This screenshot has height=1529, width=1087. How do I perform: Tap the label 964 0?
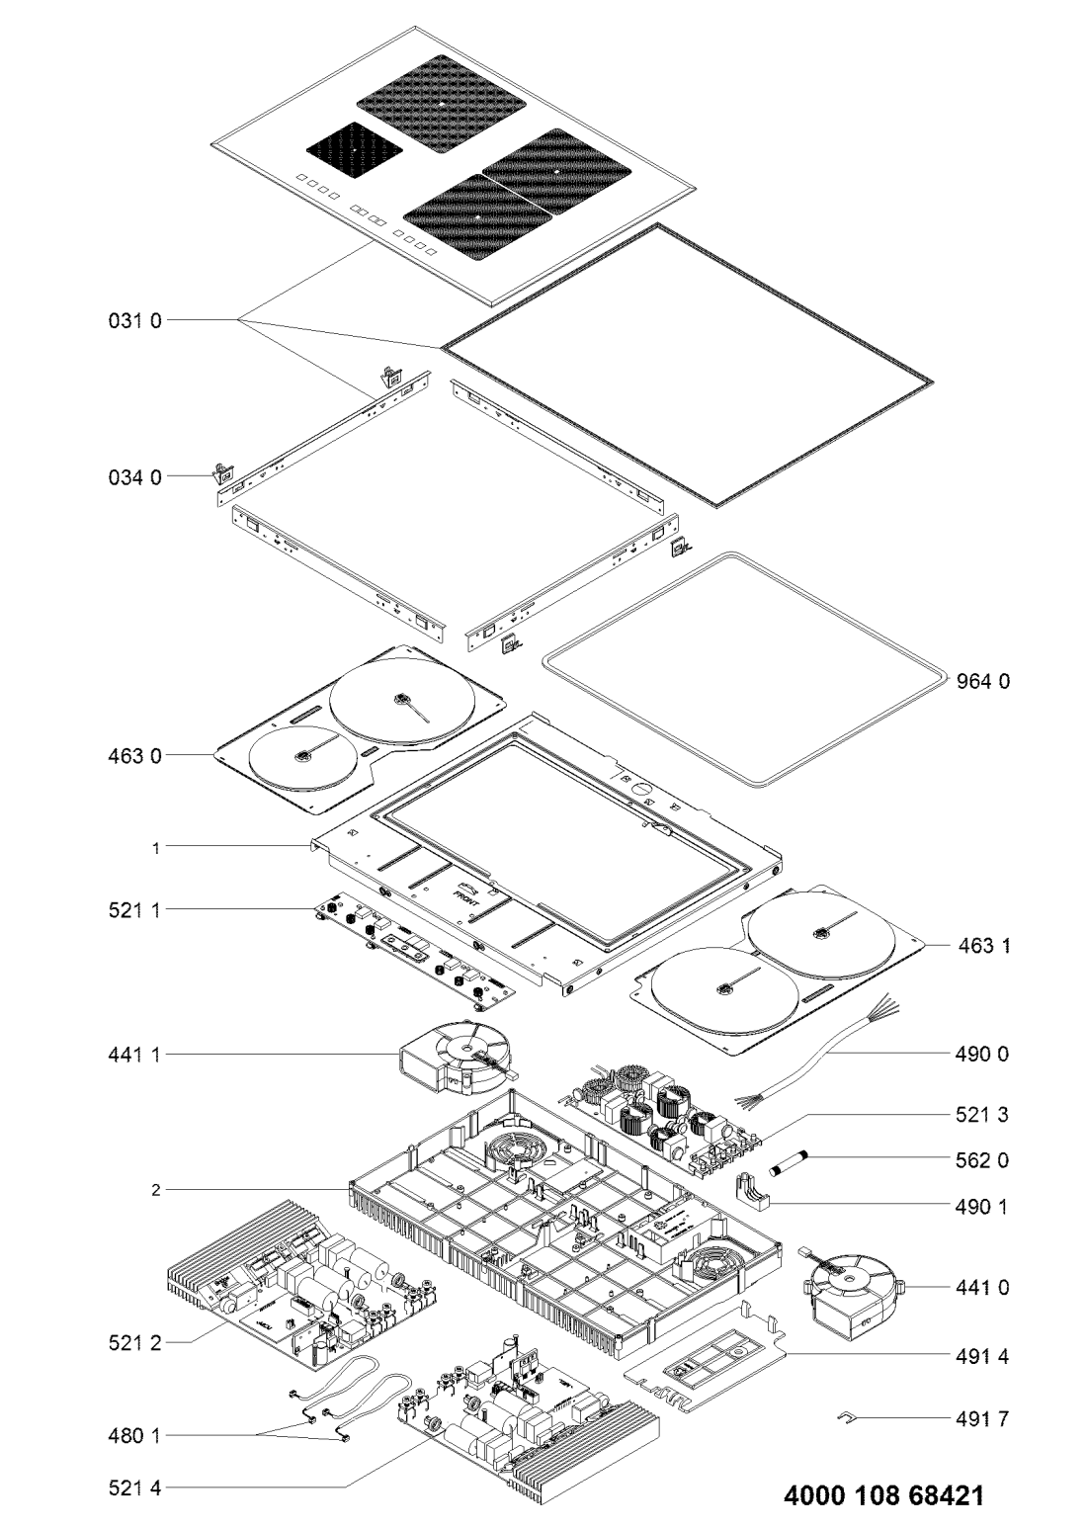point(984,681)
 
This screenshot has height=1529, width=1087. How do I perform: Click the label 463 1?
point(984,946)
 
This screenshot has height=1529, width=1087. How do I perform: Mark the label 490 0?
point(984,1055)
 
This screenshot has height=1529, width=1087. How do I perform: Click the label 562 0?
point(984,1159)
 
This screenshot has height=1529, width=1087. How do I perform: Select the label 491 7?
point(984,1420)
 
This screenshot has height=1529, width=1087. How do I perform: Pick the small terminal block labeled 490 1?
point(757,1193)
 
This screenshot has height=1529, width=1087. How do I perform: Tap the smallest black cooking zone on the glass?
point(355,150)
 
